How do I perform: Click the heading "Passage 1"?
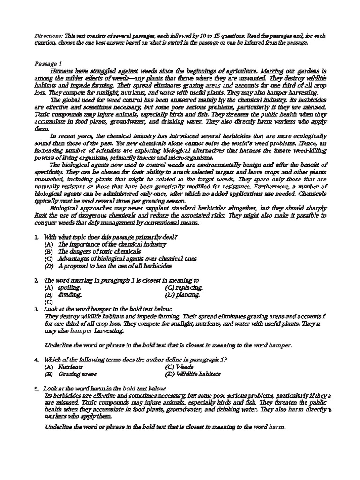coord(48,63)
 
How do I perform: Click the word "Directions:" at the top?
coord(49,36)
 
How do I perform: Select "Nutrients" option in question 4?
coord(70,367)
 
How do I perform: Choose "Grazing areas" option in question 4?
coord(77,375)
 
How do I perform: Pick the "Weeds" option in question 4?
coord(184,367)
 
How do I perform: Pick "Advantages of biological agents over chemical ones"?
coord(127,259)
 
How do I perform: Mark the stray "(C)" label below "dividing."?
coord(49,302)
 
